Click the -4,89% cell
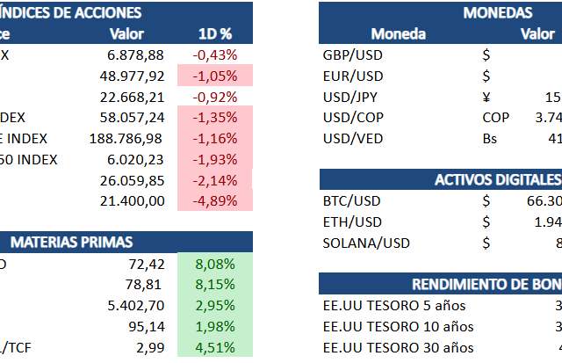click(215, 201)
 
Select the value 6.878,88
click(133, 54)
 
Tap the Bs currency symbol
click(489, 139)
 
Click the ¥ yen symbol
click(486, 97)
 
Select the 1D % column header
click(215, 34)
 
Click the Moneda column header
click(398, 34)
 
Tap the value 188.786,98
click(126, 139)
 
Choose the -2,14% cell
click(215, 180)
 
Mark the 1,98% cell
click(215, 327)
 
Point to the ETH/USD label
click(349, 222)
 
